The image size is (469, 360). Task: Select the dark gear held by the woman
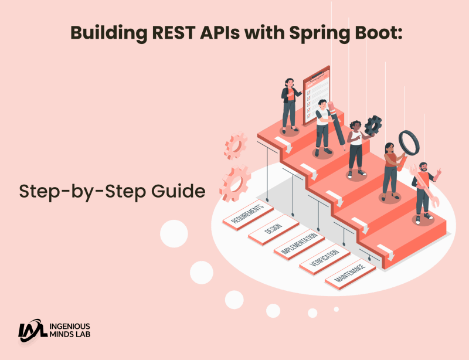373,125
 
